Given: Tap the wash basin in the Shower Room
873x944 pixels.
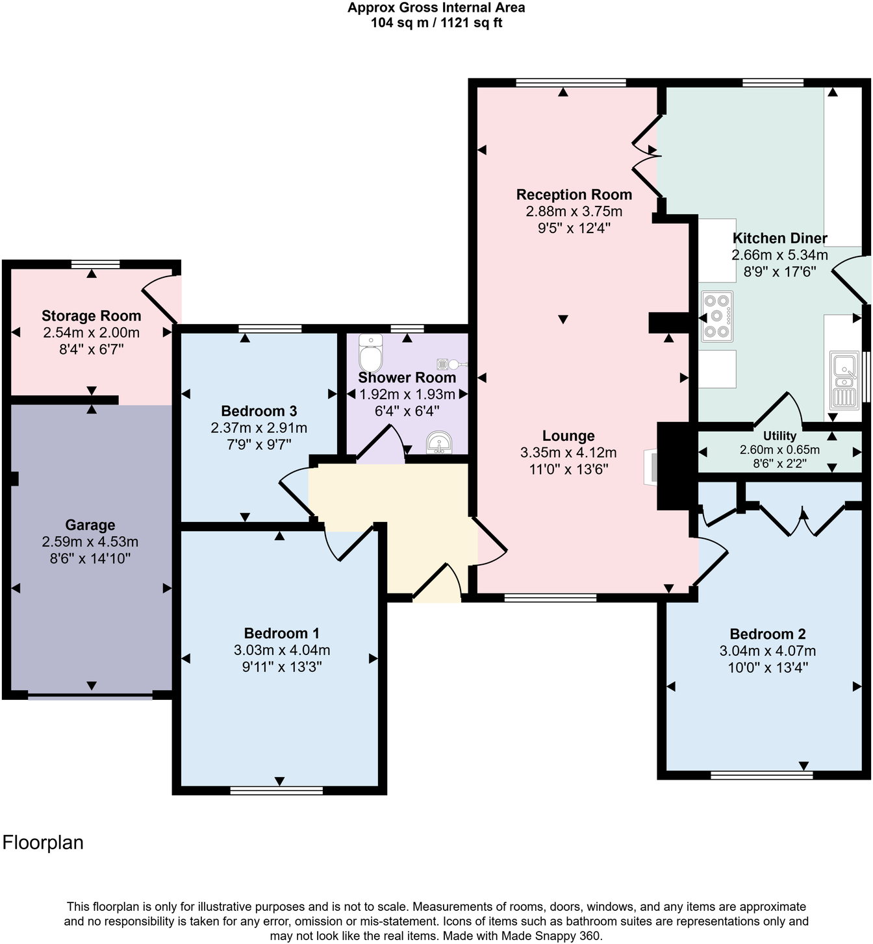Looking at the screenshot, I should point(440,443).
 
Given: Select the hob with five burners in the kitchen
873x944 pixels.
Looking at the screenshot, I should point(717,316).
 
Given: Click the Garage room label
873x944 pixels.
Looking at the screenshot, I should point(90,525).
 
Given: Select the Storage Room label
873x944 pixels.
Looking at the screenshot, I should point(92,316).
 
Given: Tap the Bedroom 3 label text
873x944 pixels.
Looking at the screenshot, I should point(259,411).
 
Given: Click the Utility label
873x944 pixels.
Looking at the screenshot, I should point(779,436).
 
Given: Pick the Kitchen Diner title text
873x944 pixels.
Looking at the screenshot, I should point(779,238).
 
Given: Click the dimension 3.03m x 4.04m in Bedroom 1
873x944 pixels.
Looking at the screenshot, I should point(282,650).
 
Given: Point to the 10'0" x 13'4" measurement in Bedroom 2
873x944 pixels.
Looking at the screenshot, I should point(768,667).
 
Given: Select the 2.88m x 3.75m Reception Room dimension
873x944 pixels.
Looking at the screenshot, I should point(574,211).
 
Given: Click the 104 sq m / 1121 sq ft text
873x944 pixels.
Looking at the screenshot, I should point(436,23).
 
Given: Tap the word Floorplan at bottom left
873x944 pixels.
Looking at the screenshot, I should point(44,843).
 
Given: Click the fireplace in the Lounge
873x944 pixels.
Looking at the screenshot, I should point(651,467).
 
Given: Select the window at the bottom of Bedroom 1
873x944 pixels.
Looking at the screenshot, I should point(276,790).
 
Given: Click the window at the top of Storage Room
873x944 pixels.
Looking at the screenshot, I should point(95,264).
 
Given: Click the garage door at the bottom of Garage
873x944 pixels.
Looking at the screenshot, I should point(90,697).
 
